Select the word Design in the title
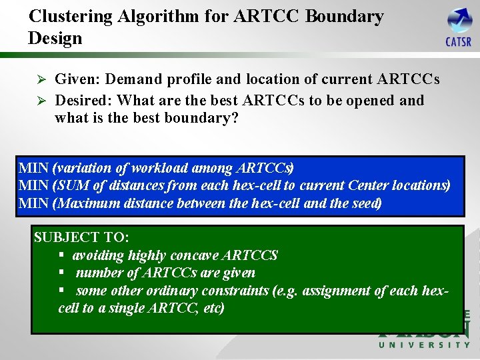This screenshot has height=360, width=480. pyautogui.click(x=55, y=38)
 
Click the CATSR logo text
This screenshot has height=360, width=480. pyautogui.click(x=458, y=42)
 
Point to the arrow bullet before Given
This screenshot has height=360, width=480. pyautogui.click(x=39, y=80)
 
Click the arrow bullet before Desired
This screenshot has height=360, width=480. pyautogui.click(x=39, y=101)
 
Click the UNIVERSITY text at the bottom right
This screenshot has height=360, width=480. pyautogui.click(x=424, y=345)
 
